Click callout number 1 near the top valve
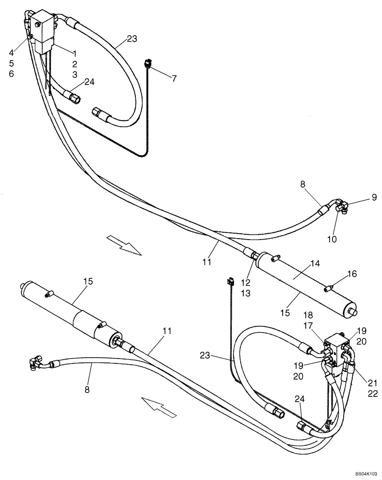74,53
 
